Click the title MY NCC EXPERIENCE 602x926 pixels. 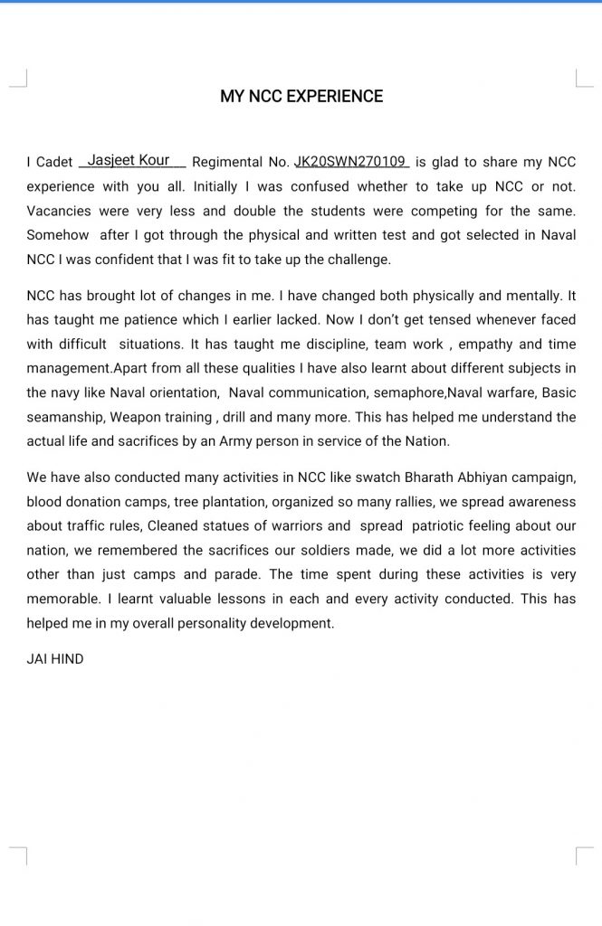point(301,97)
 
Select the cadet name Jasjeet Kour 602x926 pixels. point(129,161)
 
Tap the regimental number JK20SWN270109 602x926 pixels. point(350,163)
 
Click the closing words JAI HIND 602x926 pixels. point(55,659)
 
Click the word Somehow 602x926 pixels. point(58,235)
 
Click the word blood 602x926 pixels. point(44,502)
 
